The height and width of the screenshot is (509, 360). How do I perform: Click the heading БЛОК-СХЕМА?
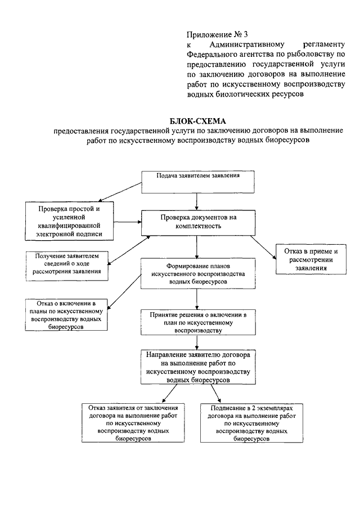tap(197, 121)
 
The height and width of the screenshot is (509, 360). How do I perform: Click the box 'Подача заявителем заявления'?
tap(197, 182)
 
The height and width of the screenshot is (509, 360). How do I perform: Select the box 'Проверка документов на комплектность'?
tap(198, 223)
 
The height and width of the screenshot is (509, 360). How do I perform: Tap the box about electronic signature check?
tap(69, 221)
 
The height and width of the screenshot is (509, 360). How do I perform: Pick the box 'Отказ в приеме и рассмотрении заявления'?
tap(311, 259)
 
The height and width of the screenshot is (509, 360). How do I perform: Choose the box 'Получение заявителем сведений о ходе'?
tap(67, 266)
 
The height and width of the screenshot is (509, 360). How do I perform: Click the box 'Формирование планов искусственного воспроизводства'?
tap(198, 274)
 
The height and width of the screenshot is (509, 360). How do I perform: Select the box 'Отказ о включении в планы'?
tap(66, 315)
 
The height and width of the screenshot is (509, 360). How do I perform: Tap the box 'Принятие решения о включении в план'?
tap(198, 322)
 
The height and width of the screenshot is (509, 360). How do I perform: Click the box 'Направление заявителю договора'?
tap(198, 367)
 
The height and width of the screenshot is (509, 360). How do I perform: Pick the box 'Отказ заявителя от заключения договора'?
tap(133, 422)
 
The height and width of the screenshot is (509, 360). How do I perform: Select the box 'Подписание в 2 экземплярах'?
tap(251, 422)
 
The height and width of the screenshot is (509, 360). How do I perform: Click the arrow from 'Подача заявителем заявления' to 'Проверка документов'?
tap(197, 202)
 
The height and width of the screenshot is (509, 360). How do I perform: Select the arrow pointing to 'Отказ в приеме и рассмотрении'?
tap(263, 247)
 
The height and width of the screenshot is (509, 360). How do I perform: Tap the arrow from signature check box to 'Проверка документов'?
tap(127, 222)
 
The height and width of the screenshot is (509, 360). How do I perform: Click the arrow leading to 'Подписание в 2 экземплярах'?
tap(215, 394)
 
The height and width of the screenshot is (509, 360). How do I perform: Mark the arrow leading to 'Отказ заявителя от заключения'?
tap(169, 394)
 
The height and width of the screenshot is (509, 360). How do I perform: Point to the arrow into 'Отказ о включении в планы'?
tap(124, 291)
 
